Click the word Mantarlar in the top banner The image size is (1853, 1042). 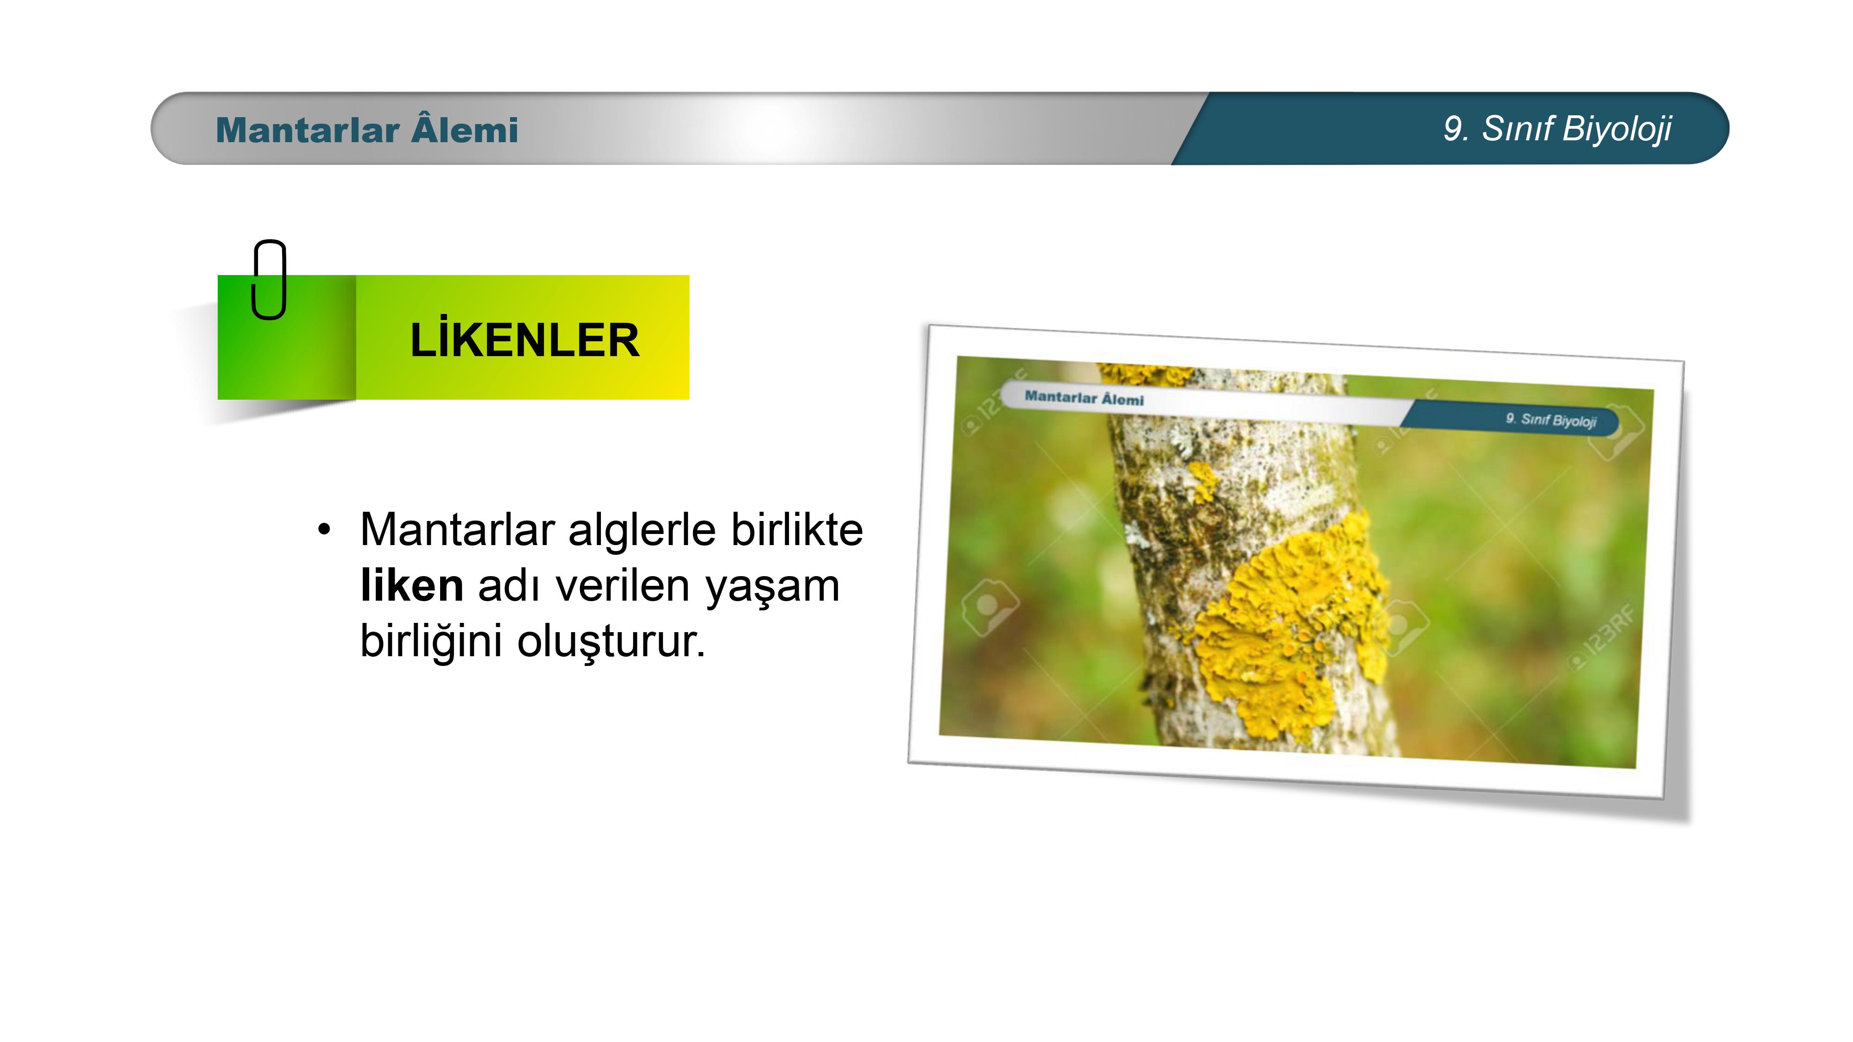pos(307,130)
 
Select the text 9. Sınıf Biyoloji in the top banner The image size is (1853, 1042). pos(1557,130)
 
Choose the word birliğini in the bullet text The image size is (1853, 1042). pos(431,642)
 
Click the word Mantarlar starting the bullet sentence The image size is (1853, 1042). pos(458,529)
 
